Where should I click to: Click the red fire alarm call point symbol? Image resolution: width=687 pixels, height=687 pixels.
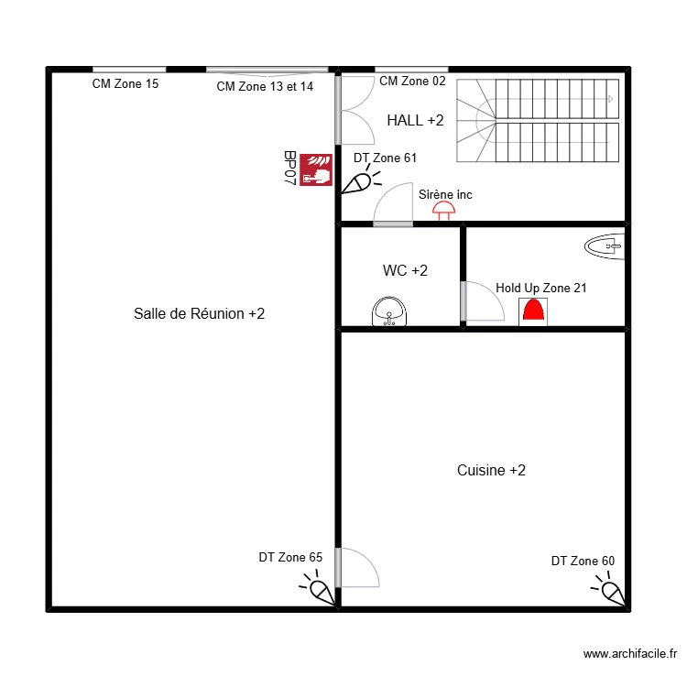316,170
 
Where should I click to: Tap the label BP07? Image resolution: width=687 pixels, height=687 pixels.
289,169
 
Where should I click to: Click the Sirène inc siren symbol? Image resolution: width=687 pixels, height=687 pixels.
444,211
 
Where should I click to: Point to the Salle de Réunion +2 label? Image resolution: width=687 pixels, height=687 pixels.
199,313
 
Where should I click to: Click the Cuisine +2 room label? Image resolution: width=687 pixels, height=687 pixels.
491,470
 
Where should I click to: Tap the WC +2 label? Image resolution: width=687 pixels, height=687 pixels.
405,270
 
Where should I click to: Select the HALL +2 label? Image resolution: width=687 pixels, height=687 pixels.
415,120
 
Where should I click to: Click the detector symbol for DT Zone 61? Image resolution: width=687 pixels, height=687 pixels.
356,183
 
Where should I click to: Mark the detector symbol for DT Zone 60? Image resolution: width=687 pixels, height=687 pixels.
611,590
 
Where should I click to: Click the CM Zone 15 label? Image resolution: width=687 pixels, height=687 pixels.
125,84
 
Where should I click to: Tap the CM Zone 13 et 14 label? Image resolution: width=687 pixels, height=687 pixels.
265,86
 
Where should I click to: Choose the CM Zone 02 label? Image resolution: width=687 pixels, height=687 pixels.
412,81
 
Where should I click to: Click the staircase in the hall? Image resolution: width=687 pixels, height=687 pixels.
539,120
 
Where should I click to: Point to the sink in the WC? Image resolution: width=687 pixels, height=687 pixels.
390,311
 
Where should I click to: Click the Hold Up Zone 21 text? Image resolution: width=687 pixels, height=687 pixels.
541,288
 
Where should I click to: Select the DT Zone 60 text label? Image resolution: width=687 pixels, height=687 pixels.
583,561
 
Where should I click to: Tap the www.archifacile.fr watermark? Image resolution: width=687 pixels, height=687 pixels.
629,653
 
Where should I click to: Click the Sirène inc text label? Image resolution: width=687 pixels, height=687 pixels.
445,194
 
